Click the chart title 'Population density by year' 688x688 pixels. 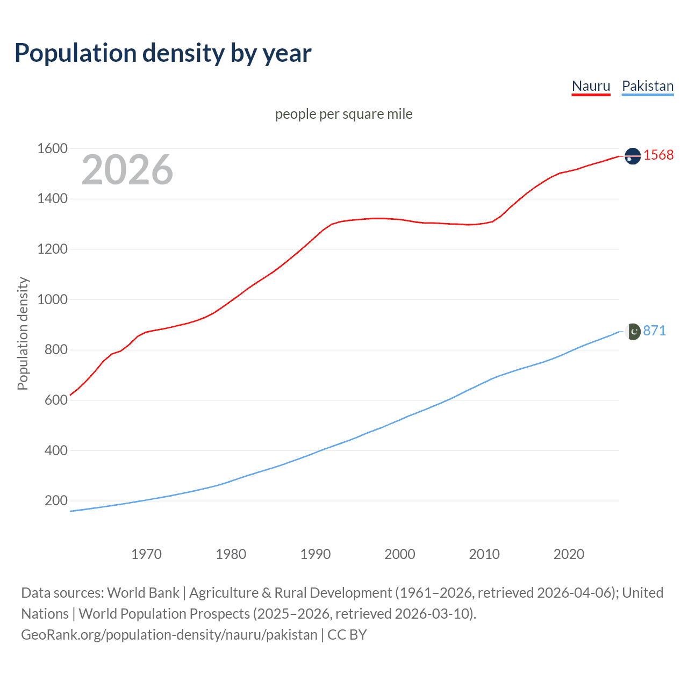pos(163,53)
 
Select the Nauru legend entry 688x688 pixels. pos(591,86)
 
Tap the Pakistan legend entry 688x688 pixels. pos(647,86)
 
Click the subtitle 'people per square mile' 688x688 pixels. pos(343,114)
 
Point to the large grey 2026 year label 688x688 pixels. pos(127,170)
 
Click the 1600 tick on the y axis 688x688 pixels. pos(52,148)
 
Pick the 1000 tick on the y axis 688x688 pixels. pos(52,299)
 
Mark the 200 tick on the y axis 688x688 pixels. pos(56,501)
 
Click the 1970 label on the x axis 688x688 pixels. pos(146,554)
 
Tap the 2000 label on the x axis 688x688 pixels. pos(399,554)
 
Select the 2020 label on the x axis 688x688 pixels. pos(569,554)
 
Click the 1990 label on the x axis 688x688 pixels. pos(316,554)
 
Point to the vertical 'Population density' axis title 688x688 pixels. pos(23,333)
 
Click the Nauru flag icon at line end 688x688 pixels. pos(633,156)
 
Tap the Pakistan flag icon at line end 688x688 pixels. pos(634,332)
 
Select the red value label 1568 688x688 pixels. pos(658,155)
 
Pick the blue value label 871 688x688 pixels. pos(654,331)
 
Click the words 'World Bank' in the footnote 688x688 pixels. pos(143,593)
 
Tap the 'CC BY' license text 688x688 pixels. pos(347,635)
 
